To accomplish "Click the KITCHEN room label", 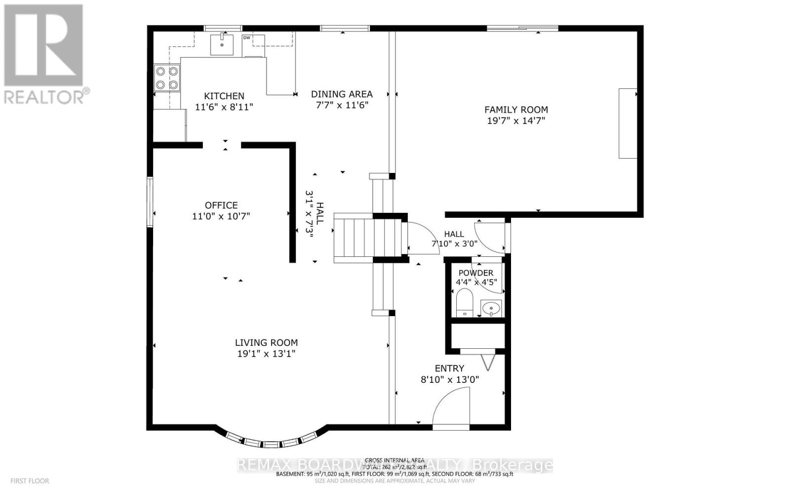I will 224,96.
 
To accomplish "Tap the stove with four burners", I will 166,78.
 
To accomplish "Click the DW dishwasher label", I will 246,38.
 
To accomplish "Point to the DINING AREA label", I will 342,94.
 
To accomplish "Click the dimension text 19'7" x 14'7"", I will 516,121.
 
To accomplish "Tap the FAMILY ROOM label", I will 516,110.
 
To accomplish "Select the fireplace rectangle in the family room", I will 628,123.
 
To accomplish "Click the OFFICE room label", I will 221,205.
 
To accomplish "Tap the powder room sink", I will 491,308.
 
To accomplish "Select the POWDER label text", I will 475,273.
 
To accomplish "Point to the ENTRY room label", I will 449,369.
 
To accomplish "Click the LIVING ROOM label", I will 266,342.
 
